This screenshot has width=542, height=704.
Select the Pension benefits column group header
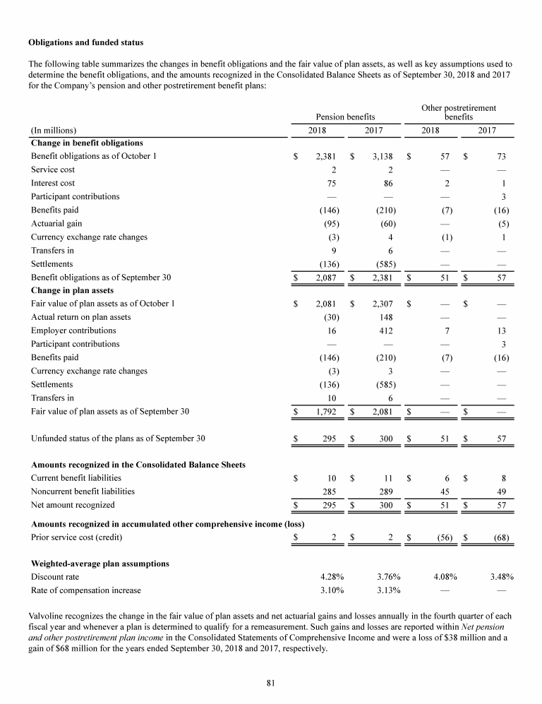(344, 116)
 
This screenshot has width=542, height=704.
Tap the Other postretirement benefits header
(458, 112)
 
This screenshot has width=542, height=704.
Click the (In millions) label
(54, 130)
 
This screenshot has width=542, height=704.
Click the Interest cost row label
(53, 183)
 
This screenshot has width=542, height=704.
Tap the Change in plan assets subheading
(73, 290)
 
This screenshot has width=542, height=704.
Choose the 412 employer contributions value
(386, 330)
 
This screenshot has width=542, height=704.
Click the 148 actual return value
(386, 317)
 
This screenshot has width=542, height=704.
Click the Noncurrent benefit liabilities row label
(83, 491)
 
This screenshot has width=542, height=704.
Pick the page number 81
(271, 682)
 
